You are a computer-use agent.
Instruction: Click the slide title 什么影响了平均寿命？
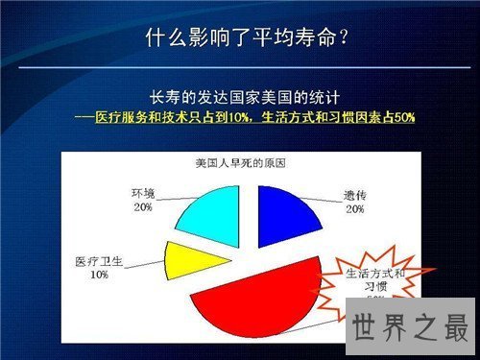tap(246, 38)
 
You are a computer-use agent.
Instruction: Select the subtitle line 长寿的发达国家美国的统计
tap(246, 99)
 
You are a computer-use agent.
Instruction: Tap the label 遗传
tap(354, 196)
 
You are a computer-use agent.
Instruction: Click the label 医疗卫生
tap(98, 261)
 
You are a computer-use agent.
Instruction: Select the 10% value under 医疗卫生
tap(98, 275)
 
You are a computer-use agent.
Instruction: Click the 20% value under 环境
tap(142, 207)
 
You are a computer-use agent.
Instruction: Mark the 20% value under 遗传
tap(354, 208)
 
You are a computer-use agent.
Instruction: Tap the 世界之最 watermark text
tap(409, 326)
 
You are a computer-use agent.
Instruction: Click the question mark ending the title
tap(342, 38)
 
